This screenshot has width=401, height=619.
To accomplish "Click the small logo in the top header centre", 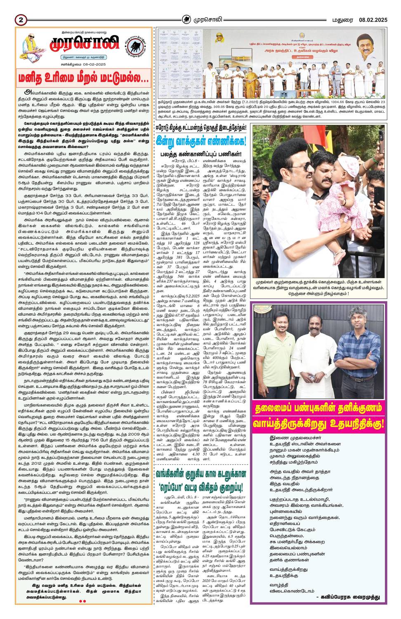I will pyautogui.click(x=187, y=19).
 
